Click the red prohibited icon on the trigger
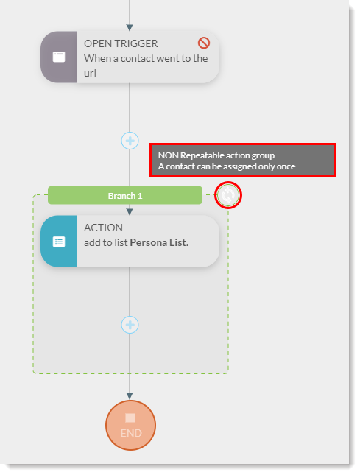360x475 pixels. pos(204,43)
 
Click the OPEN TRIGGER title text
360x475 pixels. pos(121,43)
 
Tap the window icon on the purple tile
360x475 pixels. pos(59,57)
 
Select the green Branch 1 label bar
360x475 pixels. pos(125,195)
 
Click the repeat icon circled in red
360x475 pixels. pos(228,195)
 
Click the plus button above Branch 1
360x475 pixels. pos(130,141)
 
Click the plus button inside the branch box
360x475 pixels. pos(130,325)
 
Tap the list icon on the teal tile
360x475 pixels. pos(59,242)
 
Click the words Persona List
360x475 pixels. pos(159,242)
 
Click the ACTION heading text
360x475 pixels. pos(103,228)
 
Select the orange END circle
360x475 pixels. pos(130,426)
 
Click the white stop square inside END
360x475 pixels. pos(130,418)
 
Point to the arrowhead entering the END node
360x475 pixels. pos(130,396)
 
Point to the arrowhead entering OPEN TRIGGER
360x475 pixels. pos(130,28)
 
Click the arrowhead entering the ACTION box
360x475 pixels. pos(130,212)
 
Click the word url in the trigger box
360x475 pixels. pos(90,74)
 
